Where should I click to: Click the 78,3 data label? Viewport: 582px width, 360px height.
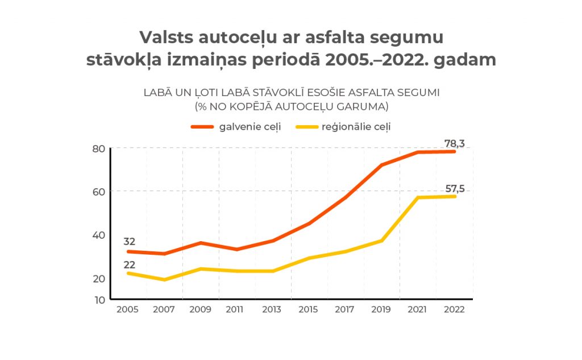pos(455,144)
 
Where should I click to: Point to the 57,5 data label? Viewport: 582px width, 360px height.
pos(455,189)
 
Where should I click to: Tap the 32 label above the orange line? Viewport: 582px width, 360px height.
pos(129,242)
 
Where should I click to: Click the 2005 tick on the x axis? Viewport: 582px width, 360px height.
pos(127,310)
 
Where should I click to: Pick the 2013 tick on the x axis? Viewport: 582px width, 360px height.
pos(272,310)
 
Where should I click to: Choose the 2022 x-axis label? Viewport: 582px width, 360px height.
pos(454,310)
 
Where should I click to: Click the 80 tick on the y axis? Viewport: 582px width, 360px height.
pos(98,149)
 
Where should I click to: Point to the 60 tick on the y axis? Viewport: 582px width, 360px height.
pos(98,192)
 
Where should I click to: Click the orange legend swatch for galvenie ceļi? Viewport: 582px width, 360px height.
pos(202,127)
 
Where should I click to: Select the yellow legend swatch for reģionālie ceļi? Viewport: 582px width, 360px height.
pos(307,127)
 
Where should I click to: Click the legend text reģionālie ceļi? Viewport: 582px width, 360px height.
pos(356,127)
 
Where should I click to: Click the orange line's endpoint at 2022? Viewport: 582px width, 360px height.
pos(455,152)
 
